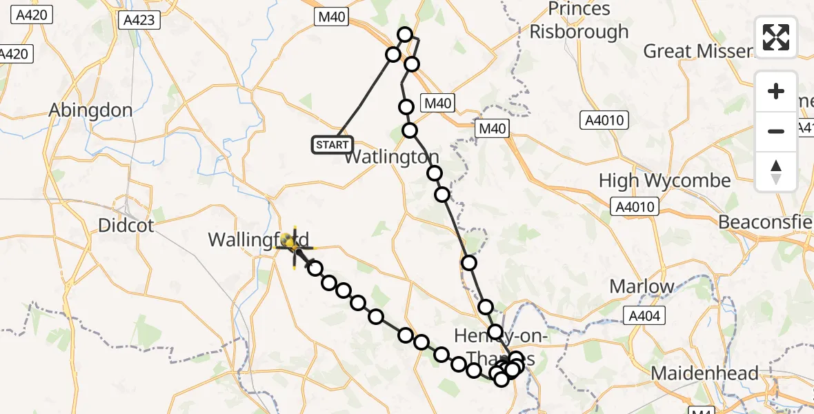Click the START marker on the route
pos(332,145)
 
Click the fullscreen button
pos(776,37)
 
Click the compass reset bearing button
pos(776,172)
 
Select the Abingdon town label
pos(91,110)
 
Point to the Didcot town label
pos(126,225)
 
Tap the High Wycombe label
pos(664,181)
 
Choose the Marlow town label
pos(642,286)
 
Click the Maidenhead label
pos(705,373)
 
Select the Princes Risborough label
pos(579,21)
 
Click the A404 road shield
pos(644,316)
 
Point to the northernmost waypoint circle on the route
pos(405,34)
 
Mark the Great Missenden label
pos(697,51)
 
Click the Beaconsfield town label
pos(766,222)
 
